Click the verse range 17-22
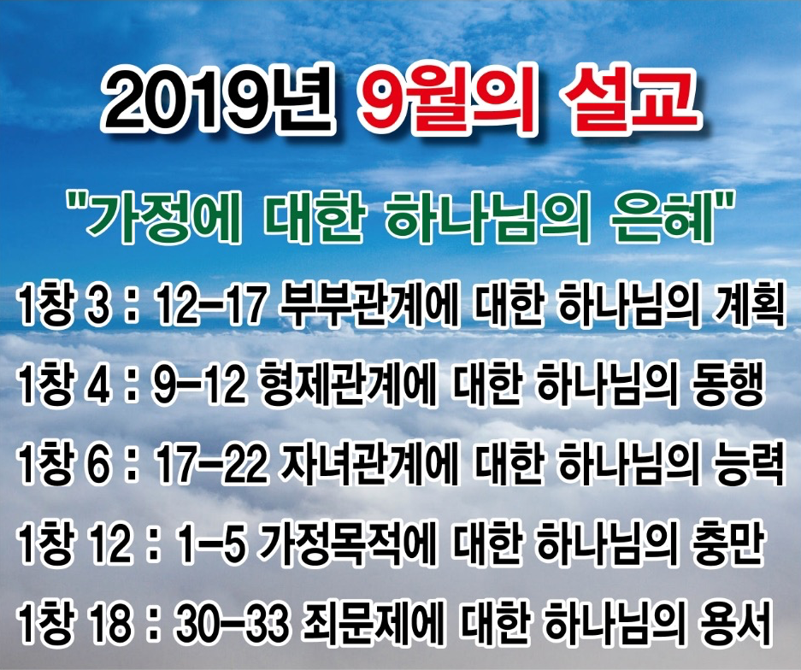(x=211, y=465)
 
